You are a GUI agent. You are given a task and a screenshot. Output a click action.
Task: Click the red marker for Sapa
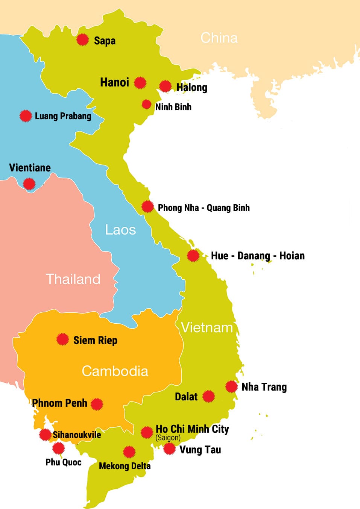click(x=82, y=39)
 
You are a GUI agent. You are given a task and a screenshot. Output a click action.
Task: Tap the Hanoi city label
click(x=114, y=82)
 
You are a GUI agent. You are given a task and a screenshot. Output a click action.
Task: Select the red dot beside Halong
click(x=165, y=86)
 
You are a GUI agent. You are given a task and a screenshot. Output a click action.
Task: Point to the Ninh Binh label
click(x=173, y=107)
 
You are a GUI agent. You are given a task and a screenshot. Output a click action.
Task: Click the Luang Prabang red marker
click(x=26, y=116)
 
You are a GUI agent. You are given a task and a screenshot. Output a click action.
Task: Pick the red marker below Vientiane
click(x=29, y=184)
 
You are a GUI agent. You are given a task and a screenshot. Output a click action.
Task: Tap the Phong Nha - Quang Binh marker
click(x=147, y=206)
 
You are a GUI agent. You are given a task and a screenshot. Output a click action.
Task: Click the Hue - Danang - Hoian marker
click(x=193, y=256)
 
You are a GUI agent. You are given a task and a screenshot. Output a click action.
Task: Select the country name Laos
click(x=120, y=230)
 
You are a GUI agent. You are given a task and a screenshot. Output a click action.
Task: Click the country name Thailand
click(x=73, y=279)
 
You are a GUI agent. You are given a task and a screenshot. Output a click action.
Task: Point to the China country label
click(x=219, y=38)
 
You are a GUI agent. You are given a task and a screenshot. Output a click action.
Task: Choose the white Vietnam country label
click(x=207, y=328)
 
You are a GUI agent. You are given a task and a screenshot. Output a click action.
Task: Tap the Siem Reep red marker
click(x=62, y=339)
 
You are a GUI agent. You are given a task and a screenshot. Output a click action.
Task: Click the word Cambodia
click(x=115, y=371)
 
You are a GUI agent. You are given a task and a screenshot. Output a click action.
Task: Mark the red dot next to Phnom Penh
click(x=97, y=404)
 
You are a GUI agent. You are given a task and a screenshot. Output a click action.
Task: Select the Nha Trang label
click(x=264, y=387)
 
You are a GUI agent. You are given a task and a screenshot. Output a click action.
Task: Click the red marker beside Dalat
click(x=208, y=396)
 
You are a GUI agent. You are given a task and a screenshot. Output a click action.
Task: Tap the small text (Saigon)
click(x=168, y=438)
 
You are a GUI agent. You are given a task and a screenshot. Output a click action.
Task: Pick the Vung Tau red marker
click(x=169, y=448)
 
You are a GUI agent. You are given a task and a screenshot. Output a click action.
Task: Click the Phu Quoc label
click(x=63, y=462)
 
